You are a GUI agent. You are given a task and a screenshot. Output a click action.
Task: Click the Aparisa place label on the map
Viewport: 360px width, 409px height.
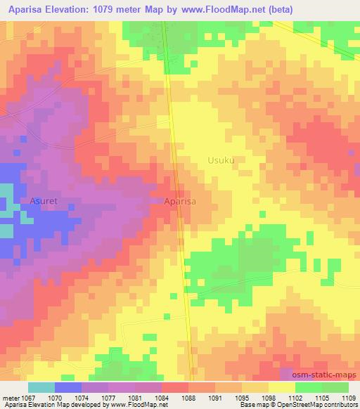(179, 201)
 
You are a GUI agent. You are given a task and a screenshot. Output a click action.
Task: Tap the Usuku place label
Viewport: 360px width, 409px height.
(221, 160)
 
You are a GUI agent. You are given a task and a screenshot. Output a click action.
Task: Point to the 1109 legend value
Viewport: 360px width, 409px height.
(348, 398)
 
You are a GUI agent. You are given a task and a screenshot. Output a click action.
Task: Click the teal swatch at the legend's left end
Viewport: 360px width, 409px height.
(41, 387)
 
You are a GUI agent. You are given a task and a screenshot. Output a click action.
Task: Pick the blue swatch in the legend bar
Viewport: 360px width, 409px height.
(67, 387)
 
